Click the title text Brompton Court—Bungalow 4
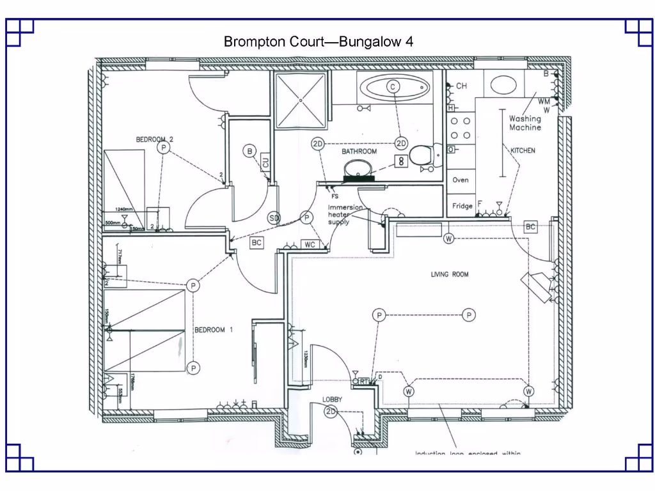318,42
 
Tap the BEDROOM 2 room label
155,139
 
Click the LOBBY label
332,399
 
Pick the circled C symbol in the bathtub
393,86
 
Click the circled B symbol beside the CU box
249,152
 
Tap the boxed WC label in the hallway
310,244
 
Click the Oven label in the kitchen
461,180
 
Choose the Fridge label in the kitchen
462,206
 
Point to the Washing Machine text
525,123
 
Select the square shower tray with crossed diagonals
300,99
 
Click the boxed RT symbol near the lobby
364,381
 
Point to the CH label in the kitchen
461,86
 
